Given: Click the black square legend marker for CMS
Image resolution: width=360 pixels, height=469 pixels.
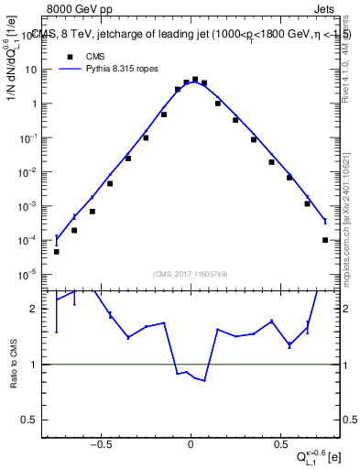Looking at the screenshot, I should point(70,55).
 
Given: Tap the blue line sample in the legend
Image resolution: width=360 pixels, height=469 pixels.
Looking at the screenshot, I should point(70,68).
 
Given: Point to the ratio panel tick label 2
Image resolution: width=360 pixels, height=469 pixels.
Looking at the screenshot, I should point(34,309).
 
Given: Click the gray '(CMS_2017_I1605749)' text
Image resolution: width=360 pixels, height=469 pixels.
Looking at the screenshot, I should point(190,274).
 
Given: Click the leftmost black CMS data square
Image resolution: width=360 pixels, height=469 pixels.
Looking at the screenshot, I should point(57,251).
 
